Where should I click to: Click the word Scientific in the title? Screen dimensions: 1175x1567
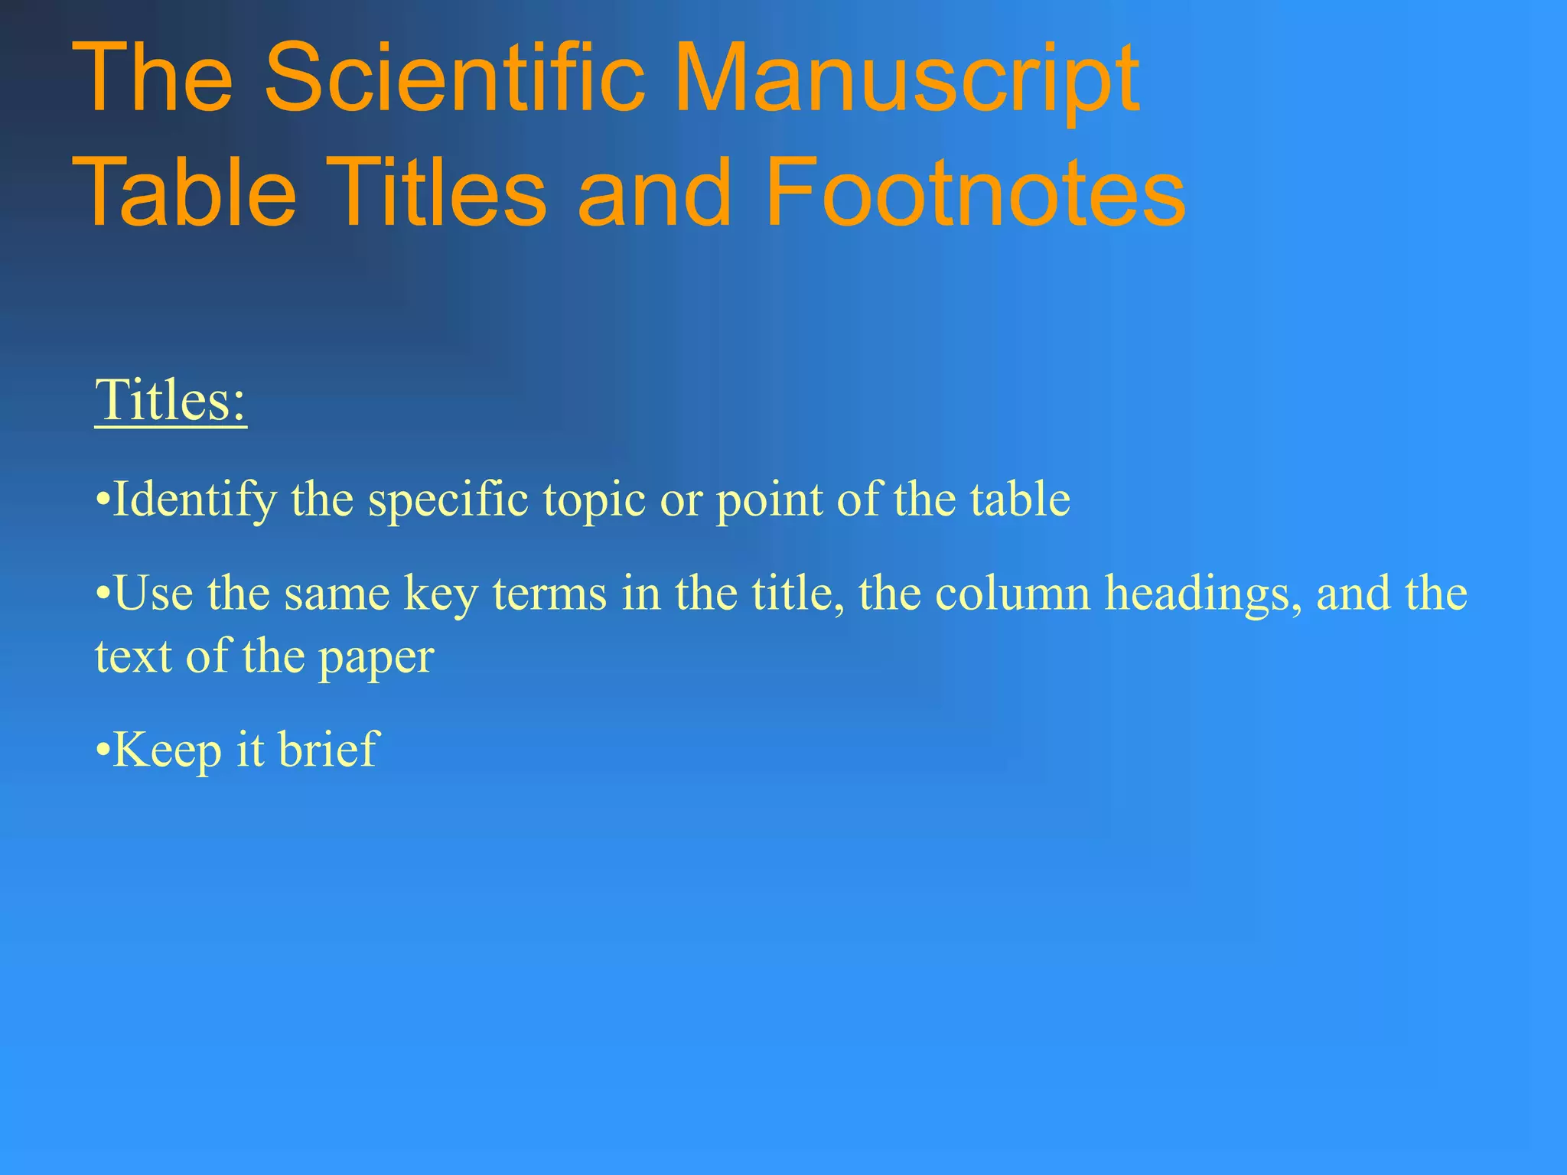point(454,78)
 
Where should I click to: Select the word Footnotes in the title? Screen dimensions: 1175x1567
point(975,191)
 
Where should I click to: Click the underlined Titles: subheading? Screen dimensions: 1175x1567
point(171,401)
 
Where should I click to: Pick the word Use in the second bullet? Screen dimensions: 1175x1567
point(153,594)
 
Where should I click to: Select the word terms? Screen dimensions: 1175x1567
point(549,594)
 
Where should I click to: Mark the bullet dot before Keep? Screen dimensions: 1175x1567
point(103,750)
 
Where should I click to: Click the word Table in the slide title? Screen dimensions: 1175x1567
point(188,191)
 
